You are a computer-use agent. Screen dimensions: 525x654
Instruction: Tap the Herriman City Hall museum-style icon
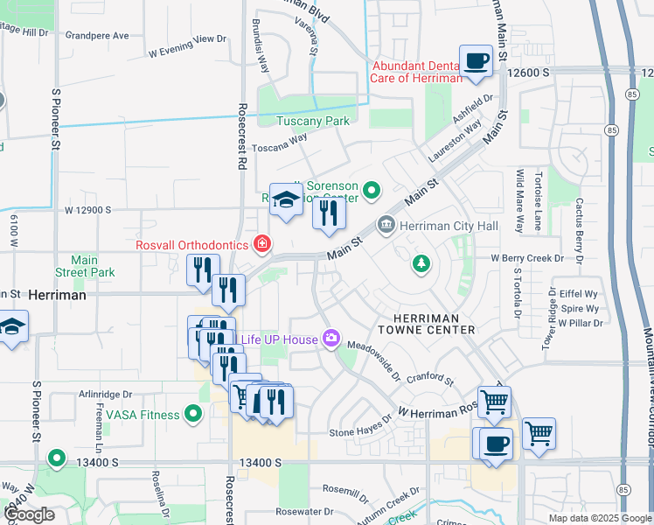[386, 226]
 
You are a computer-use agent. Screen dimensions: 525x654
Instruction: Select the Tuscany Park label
[313, 122]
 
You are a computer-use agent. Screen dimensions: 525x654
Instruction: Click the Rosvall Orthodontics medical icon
[261, 243]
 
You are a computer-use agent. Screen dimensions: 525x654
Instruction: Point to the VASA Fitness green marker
[193, 413]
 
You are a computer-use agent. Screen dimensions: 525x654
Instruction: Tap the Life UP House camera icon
[331, 338]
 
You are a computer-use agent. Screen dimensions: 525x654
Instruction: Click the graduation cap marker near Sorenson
[285, 200]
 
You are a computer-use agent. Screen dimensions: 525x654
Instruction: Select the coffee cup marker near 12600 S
[476, 60]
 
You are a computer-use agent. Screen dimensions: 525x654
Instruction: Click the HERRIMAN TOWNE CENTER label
[427, 323]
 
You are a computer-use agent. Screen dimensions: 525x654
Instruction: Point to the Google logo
[30, 514]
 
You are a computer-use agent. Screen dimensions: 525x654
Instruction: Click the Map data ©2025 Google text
[599, 518]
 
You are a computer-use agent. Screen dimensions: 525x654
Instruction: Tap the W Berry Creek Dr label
[536, 259]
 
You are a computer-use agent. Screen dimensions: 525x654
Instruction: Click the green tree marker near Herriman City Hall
[421, 262]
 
